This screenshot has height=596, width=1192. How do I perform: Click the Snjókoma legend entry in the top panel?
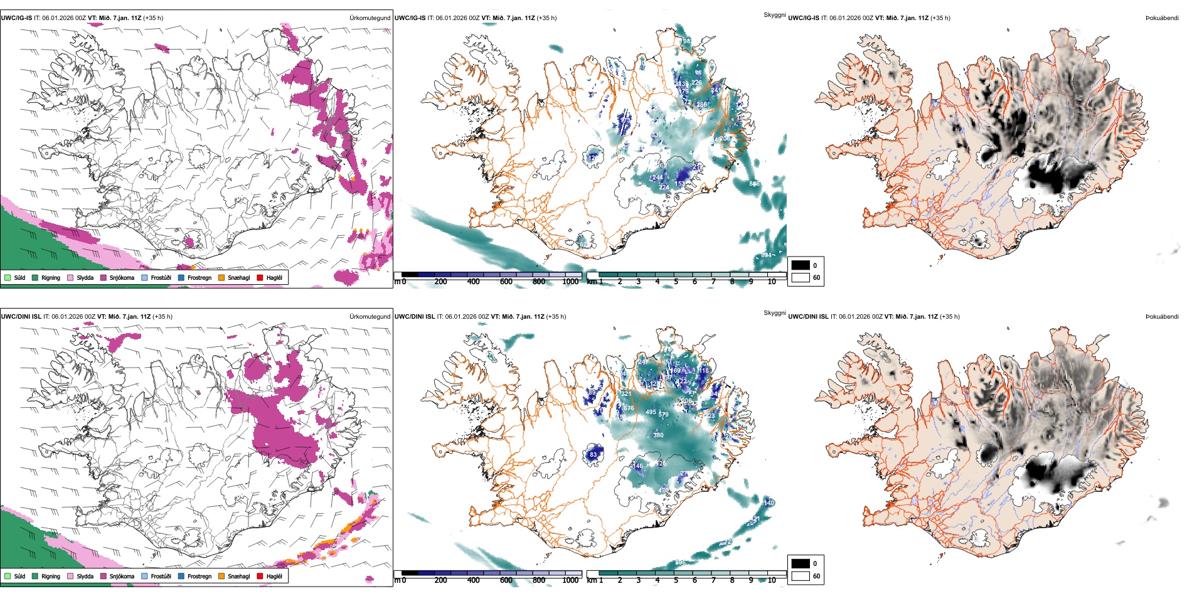(122, 278)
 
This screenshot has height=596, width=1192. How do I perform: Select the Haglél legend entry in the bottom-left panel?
(274, 577)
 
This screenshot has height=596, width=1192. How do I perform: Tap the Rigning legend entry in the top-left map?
(50, 278)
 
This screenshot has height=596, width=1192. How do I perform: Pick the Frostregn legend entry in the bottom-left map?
(200, 577)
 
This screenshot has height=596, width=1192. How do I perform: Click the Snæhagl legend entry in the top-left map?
(238, 278)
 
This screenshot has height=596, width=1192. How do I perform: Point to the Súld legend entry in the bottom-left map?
(19, 577)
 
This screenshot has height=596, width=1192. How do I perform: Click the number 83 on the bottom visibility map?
(593, 455)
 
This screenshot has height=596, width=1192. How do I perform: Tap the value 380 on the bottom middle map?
(658, 435)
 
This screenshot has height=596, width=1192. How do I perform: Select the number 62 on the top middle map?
(583, 245)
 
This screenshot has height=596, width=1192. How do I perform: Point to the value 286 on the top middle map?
(701, 105)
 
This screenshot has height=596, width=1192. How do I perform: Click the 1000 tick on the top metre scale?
(570, 282)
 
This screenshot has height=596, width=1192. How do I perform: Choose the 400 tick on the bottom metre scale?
(474, 581)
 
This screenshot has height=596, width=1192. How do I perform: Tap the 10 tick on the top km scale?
(772, 282)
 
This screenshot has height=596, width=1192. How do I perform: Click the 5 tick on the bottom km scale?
(676, 581)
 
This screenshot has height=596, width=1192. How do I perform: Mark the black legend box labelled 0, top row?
(801, 265)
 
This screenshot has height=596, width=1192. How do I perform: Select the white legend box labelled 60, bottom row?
(801, 576)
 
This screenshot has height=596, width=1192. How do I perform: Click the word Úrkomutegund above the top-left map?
(370, 18)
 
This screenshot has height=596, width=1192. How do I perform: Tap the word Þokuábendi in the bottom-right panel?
(1162, 317)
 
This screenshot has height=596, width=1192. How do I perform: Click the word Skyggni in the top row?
(774, 14)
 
